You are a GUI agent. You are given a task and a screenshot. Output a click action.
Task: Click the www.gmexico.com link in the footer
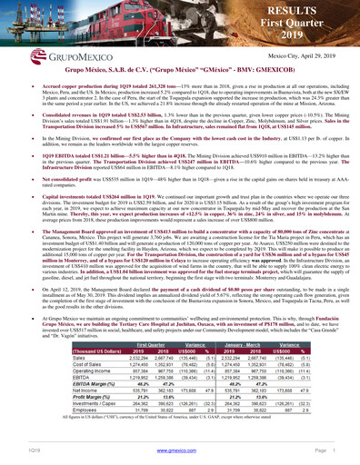point(180,450)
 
